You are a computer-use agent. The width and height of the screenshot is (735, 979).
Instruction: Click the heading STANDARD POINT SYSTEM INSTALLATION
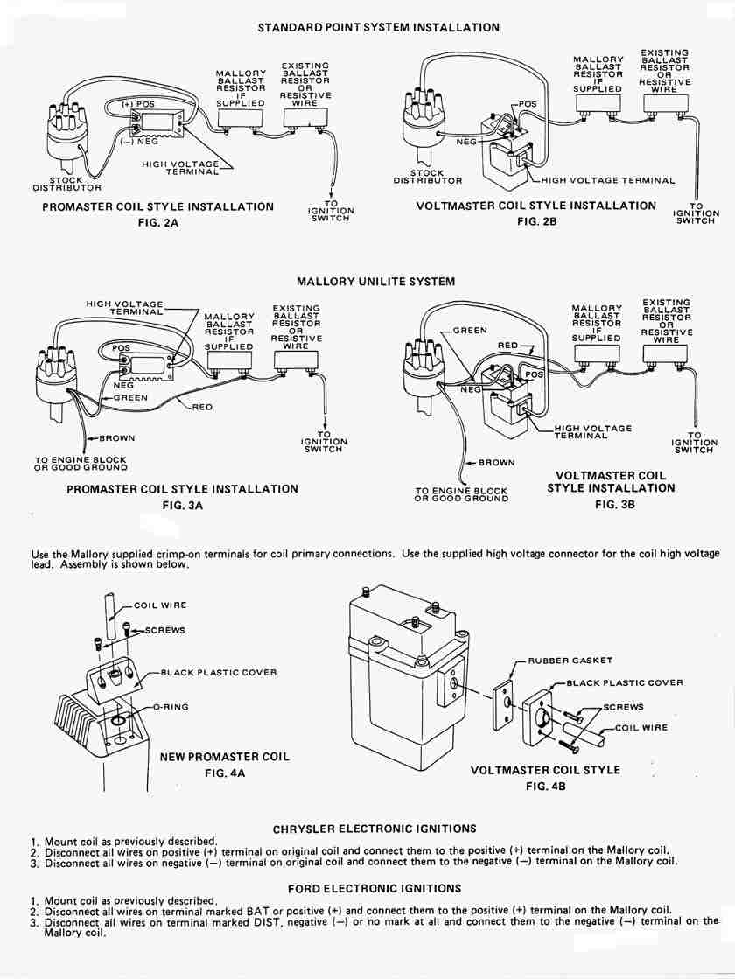[x=378, y=27]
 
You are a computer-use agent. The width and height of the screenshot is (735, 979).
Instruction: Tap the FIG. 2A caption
[x=157, y=223]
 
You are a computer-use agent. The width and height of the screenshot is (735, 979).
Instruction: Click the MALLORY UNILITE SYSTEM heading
[x=375, y=282]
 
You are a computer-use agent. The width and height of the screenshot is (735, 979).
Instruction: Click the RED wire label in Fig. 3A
[x=202, y=407]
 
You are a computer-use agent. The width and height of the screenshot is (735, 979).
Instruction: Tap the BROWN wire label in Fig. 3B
[x=496, y=463]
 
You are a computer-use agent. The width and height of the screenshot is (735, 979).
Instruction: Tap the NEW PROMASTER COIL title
[x=224, y=757]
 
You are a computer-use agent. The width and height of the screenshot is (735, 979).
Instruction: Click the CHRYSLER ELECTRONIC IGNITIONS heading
[x=374, y=828]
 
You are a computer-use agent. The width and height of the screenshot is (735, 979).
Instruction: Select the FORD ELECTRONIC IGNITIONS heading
[x=374, y=888]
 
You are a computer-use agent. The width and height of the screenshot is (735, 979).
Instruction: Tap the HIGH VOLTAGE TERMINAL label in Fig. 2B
[x=608, y=181]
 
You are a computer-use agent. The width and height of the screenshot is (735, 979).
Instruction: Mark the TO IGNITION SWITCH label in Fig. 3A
[x=323, y=442]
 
